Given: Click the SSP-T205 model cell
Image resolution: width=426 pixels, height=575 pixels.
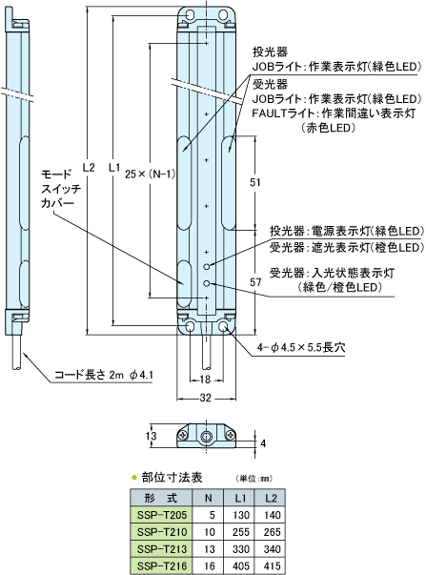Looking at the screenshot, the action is point(162,515).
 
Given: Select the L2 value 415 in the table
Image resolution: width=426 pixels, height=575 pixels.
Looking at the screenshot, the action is point(272,565).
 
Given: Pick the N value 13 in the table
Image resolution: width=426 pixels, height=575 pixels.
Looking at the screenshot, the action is point(210,549).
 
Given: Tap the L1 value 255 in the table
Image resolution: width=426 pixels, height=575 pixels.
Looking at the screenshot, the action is point(241,532).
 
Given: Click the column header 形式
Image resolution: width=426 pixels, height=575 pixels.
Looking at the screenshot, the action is point(161,498).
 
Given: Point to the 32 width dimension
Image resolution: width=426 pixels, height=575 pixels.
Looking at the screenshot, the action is point(206,398).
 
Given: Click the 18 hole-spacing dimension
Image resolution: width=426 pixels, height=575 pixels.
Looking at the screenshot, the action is point(205,380).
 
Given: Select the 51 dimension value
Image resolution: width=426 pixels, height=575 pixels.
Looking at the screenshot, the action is point(255,182).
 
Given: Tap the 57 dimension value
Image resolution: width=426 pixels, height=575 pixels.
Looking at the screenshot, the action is point(255,282).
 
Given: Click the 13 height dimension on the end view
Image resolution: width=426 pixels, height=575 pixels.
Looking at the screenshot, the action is point(151,436).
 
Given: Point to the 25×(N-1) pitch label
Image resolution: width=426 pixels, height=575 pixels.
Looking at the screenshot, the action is point(151,174).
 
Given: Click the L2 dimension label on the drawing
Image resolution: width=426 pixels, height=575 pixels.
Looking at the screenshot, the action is point(89,168).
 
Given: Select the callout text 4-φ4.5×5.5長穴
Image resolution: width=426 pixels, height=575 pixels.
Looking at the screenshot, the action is point(300,347).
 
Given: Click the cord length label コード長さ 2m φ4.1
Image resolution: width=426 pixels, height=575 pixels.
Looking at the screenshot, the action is point(104,375).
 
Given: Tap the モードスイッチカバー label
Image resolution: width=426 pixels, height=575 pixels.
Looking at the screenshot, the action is point(61,189).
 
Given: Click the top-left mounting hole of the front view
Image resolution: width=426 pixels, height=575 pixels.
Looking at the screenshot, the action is point(190,15).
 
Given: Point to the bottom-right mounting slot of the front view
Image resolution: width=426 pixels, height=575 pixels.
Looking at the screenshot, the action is point(224,326).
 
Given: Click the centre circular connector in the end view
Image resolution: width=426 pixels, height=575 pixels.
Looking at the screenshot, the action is point(206,437).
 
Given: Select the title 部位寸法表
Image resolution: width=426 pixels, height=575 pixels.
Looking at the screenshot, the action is point(172,478).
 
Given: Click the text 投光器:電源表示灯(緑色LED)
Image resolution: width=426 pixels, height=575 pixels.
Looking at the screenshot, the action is point(347,232).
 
